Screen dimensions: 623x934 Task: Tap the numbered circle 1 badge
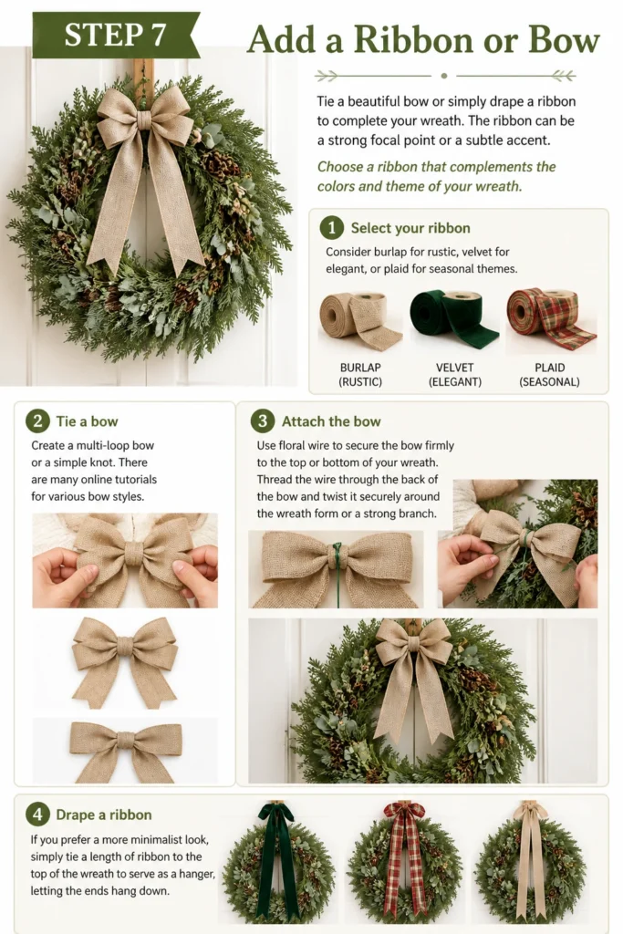click(x=332, y=227)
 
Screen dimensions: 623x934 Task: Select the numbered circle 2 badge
click(x=37, y=421)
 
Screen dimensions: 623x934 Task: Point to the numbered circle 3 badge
click(x=263, y=421)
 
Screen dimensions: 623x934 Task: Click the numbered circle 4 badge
click(x=37, y=815)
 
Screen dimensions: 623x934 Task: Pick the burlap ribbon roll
click(x=359, y=320)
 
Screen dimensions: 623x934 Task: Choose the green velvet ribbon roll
click(x=454, y=320)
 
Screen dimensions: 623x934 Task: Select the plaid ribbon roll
click(x=551, y=319)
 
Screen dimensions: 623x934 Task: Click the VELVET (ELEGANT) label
click(x=454, y=375)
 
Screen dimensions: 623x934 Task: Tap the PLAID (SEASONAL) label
click(x=549, y=375)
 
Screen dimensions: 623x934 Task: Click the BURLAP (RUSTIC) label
click(x=360, y=375)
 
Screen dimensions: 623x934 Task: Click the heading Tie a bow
click(x=87, y=421)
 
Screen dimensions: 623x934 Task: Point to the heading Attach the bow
click(x=331, y=421)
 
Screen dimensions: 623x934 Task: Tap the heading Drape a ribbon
click(x=104, y=815)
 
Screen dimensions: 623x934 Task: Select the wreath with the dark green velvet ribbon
click(x=278, y=863)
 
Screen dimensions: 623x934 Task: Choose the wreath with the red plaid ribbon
click(x=404, y=863)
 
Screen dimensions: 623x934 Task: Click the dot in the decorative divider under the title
click(x=443, y=76)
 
